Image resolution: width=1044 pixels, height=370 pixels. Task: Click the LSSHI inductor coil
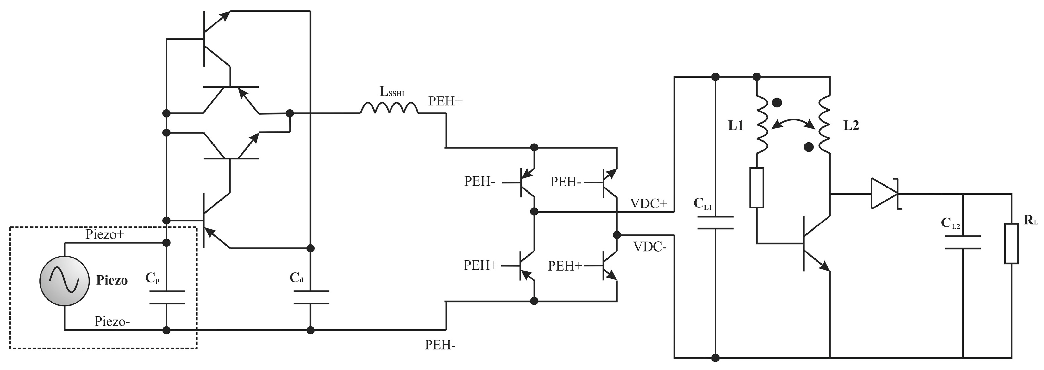[389, 108]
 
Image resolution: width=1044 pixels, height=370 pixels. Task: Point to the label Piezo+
[104, 234]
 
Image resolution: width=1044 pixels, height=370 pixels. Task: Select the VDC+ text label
[648, 204]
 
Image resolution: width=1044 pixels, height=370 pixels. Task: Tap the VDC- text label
[650, 247]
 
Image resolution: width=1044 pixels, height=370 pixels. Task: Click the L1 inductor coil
[762, 125]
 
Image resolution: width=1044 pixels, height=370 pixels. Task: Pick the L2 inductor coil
[824, 125]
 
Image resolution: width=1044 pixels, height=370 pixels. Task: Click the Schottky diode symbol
[885, 194]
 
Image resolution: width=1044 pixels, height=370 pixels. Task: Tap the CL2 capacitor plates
[963, 242]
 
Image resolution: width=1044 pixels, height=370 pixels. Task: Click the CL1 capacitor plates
[715, 223]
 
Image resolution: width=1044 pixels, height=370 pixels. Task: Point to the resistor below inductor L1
[757, 188]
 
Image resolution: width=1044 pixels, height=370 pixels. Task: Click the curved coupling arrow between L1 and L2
[793, 121]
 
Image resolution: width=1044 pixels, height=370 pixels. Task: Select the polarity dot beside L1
[777, 103]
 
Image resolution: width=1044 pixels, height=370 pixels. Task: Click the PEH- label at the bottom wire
[440, 345]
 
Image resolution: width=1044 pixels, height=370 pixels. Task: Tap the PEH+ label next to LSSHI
[445, 101]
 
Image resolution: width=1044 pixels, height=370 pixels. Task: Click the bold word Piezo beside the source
[112, 280]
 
